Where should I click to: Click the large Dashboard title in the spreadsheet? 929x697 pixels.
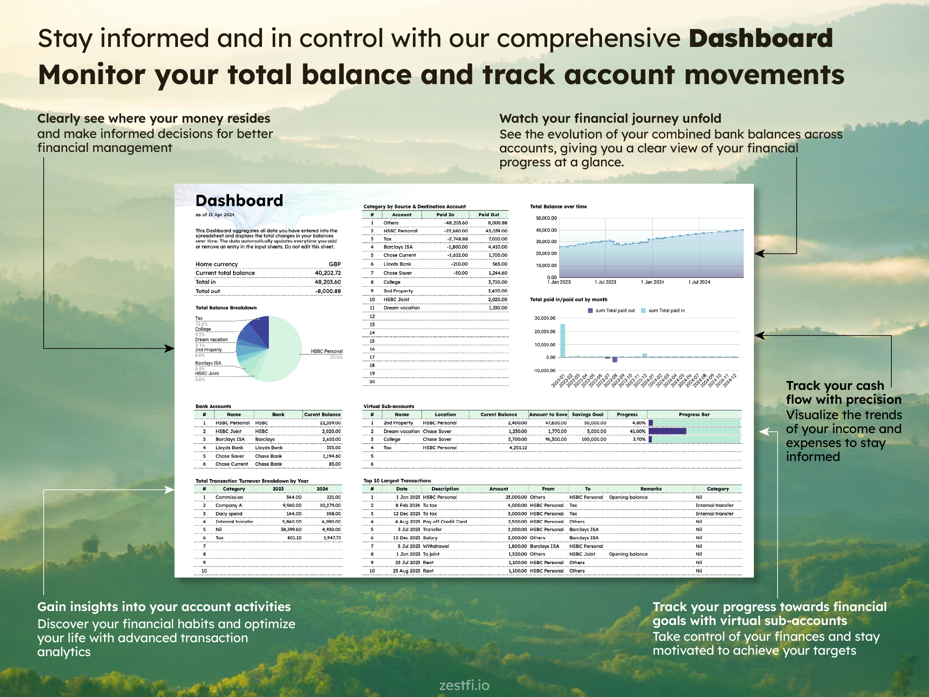point(239,201)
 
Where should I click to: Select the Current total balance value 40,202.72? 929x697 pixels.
point(327,273)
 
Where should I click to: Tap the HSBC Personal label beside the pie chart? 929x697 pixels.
point(327,351)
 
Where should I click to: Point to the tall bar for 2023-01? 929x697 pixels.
point(563,340)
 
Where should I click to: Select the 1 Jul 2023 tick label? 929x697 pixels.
point(605,282)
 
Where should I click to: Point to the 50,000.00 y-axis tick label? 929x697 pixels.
point(546,218)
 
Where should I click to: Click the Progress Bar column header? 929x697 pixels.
point(694,414)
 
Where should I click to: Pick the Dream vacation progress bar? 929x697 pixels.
point(667,431)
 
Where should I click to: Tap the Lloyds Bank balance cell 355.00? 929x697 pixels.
point(333,448)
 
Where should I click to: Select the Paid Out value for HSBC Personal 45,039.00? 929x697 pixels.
point(496,231)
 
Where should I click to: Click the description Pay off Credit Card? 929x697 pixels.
point(445,522)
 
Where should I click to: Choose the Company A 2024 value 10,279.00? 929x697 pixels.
point(330,506)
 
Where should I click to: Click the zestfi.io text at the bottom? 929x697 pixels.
point(464,685)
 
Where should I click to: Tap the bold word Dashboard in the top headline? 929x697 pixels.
point(760,39)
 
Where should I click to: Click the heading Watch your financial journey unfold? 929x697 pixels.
point(610,118)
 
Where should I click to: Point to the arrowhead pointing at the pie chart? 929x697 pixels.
point(170,348)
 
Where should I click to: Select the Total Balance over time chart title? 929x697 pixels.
point(558,207)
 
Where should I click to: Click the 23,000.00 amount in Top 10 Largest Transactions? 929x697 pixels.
point(516,497)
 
